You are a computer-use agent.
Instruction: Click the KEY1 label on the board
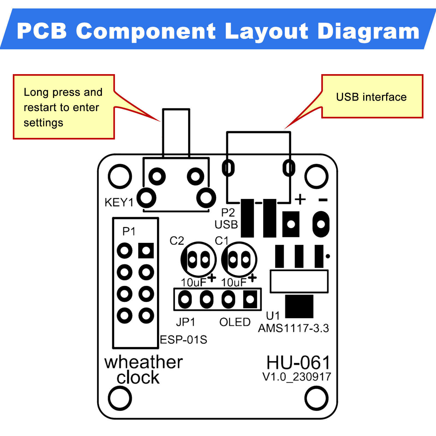[119, 203]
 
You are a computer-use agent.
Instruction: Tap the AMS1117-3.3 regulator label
[293, 328]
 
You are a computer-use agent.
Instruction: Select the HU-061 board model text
[298, 363]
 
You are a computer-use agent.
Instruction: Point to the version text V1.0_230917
[296, 377]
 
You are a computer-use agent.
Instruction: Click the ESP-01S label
[183, 340]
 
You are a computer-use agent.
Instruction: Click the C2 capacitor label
[177, 241]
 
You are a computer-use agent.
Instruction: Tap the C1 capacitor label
[221, 241]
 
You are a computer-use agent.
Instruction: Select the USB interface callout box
[372, 97]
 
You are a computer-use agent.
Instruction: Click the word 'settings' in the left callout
[43, 123]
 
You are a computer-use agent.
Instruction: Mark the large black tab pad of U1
[299, 306]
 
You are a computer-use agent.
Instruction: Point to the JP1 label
[186, 322]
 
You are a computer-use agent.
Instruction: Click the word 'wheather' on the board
[144, 362]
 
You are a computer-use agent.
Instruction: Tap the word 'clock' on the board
[138, 378]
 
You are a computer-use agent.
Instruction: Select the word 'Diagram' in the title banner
[368, 31]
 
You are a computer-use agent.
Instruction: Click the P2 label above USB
[228, 213]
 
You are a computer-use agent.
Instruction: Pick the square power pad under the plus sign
[291, 224]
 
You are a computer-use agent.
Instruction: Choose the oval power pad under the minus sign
[321, 224]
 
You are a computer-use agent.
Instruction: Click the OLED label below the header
[235, 322]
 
